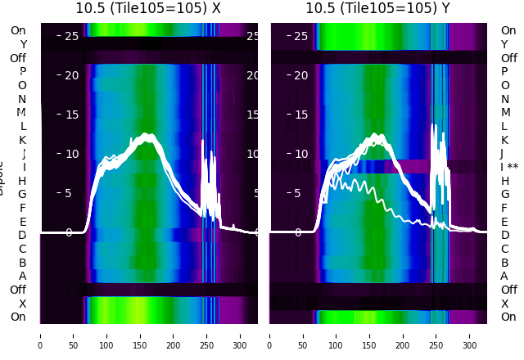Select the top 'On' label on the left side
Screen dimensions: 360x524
[x=18, y=30]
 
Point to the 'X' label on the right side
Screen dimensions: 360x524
[x=505, y=304]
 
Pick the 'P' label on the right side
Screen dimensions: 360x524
[x=505, y=72]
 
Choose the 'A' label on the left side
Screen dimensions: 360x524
[x=22, y=276]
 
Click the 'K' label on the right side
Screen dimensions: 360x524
[x=505, y=140]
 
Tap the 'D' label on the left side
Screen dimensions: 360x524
[x=22, y=235]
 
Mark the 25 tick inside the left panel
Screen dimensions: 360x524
[x=72, y=36]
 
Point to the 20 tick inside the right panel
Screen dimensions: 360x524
[x=301, y=75]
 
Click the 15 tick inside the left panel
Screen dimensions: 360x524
[x=72, y=115]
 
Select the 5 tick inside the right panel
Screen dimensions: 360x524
[x=305, y=193]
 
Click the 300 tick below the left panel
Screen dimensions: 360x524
[x=241, y=335]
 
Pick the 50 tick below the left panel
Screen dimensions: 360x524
[x=74, y=335]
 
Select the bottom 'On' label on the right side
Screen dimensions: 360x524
[x=508, y=317]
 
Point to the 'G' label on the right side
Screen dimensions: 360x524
[x=505, y=194]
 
